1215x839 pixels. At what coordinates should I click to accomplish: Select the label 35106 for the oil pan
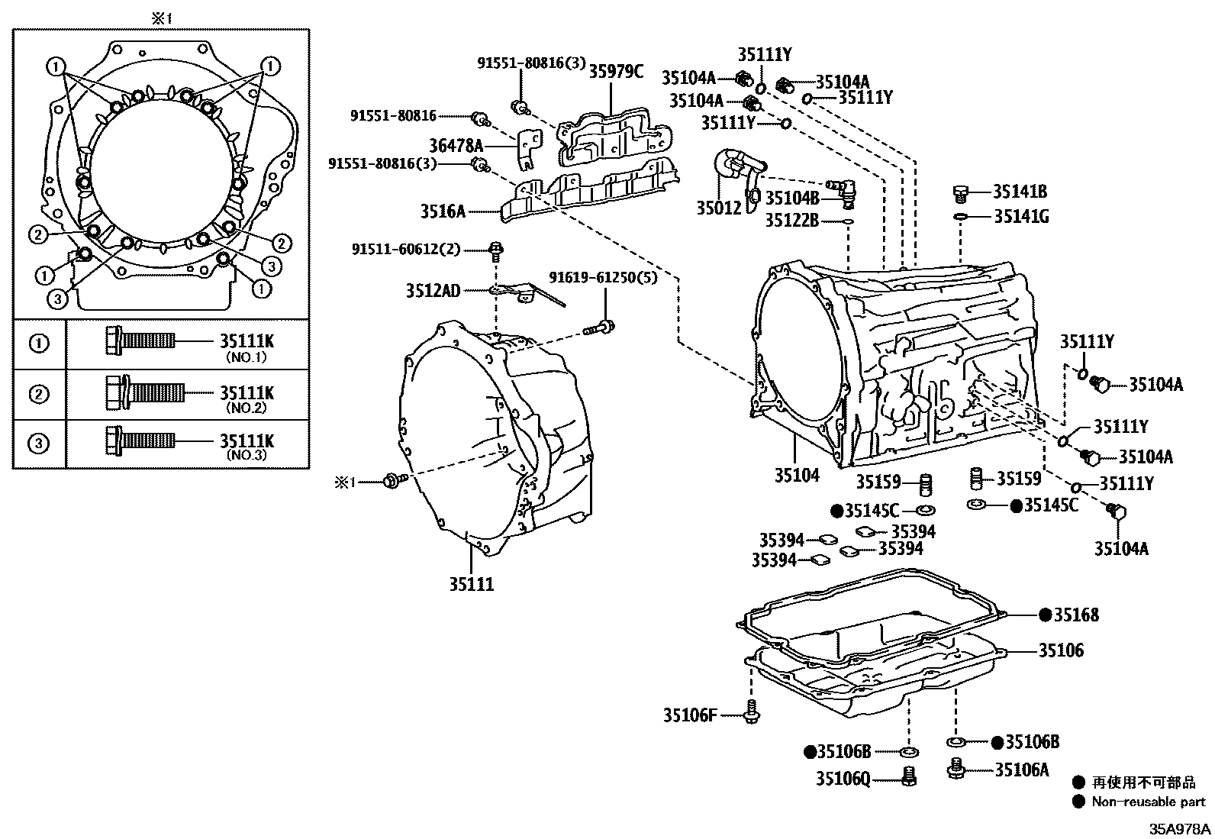point(1060,650)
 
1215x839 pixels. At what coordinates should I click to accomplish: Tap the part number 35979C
point(616,72)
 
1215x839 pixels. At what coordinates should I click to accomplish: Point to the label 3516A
point(442,211)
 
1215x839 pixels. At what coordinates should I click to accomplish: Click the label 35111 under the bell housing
point(471,585)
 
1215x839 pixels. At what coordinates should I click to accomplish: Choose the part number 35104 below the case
point(797,476)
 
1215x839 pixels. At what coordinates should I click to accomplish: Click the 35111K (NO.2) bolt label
point(246,393)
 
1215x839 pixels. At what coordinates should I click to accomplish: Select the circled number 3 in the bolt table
point(39,444)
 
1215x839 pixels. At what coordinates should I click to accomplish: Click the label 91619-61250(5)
point(603,278)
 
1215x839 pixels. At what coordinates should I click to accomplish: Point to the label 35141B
point(1020,192)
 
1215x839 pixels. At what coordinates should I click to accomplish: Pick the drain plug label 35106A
point(1022,770)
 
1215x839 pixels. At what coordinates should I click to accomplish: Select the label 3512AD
point(433,291)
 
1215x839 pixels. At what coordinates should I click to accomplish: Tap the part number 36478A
point(456,145)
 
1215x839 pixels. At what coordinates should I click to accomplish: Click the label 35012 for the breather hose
point(718,208)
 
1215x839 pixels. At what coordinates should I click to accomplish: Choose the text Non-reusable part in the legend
point(1148,802)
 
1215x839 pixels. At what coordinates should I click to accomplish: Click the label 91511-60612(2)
point(407,249)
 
